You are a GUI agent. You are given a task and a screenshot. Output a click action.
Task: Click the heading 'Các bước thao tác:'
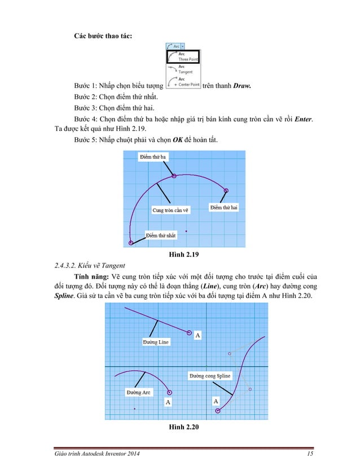(104, 36)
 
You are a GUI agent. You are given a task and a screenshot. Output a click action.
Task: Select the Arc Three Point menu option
(183, 56)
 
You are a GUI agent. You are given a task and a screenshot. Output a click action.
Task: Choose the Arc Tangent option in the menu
(183, 69)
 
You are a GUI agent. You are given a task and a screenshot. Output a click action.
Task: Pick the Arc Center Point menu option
(183, 82)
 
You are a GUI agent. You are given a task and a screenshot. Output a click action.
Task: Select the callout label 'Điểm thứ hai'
(224, 208)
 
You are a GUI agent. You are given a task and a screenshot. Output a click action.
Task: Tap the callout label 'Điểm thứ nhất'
(161, 235)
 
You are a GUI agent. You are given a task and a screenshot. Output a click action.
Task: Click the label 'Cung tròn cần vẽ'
(170, 210)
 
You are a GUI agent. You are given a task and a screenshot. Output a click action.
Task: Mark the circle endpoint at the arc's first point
(131, 243)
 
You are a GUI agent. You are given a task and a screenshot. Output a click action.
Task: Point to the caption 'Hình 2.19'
(180, 256)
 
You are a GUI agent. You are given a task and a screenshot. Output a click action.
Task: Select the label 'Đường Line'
(156, 342)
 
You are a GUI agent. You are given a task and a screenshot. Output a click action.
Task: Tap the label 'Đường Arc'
(138, 392)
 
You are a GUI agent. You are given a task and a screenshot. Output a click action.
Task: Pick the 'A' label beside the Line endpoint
(197, 336)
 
